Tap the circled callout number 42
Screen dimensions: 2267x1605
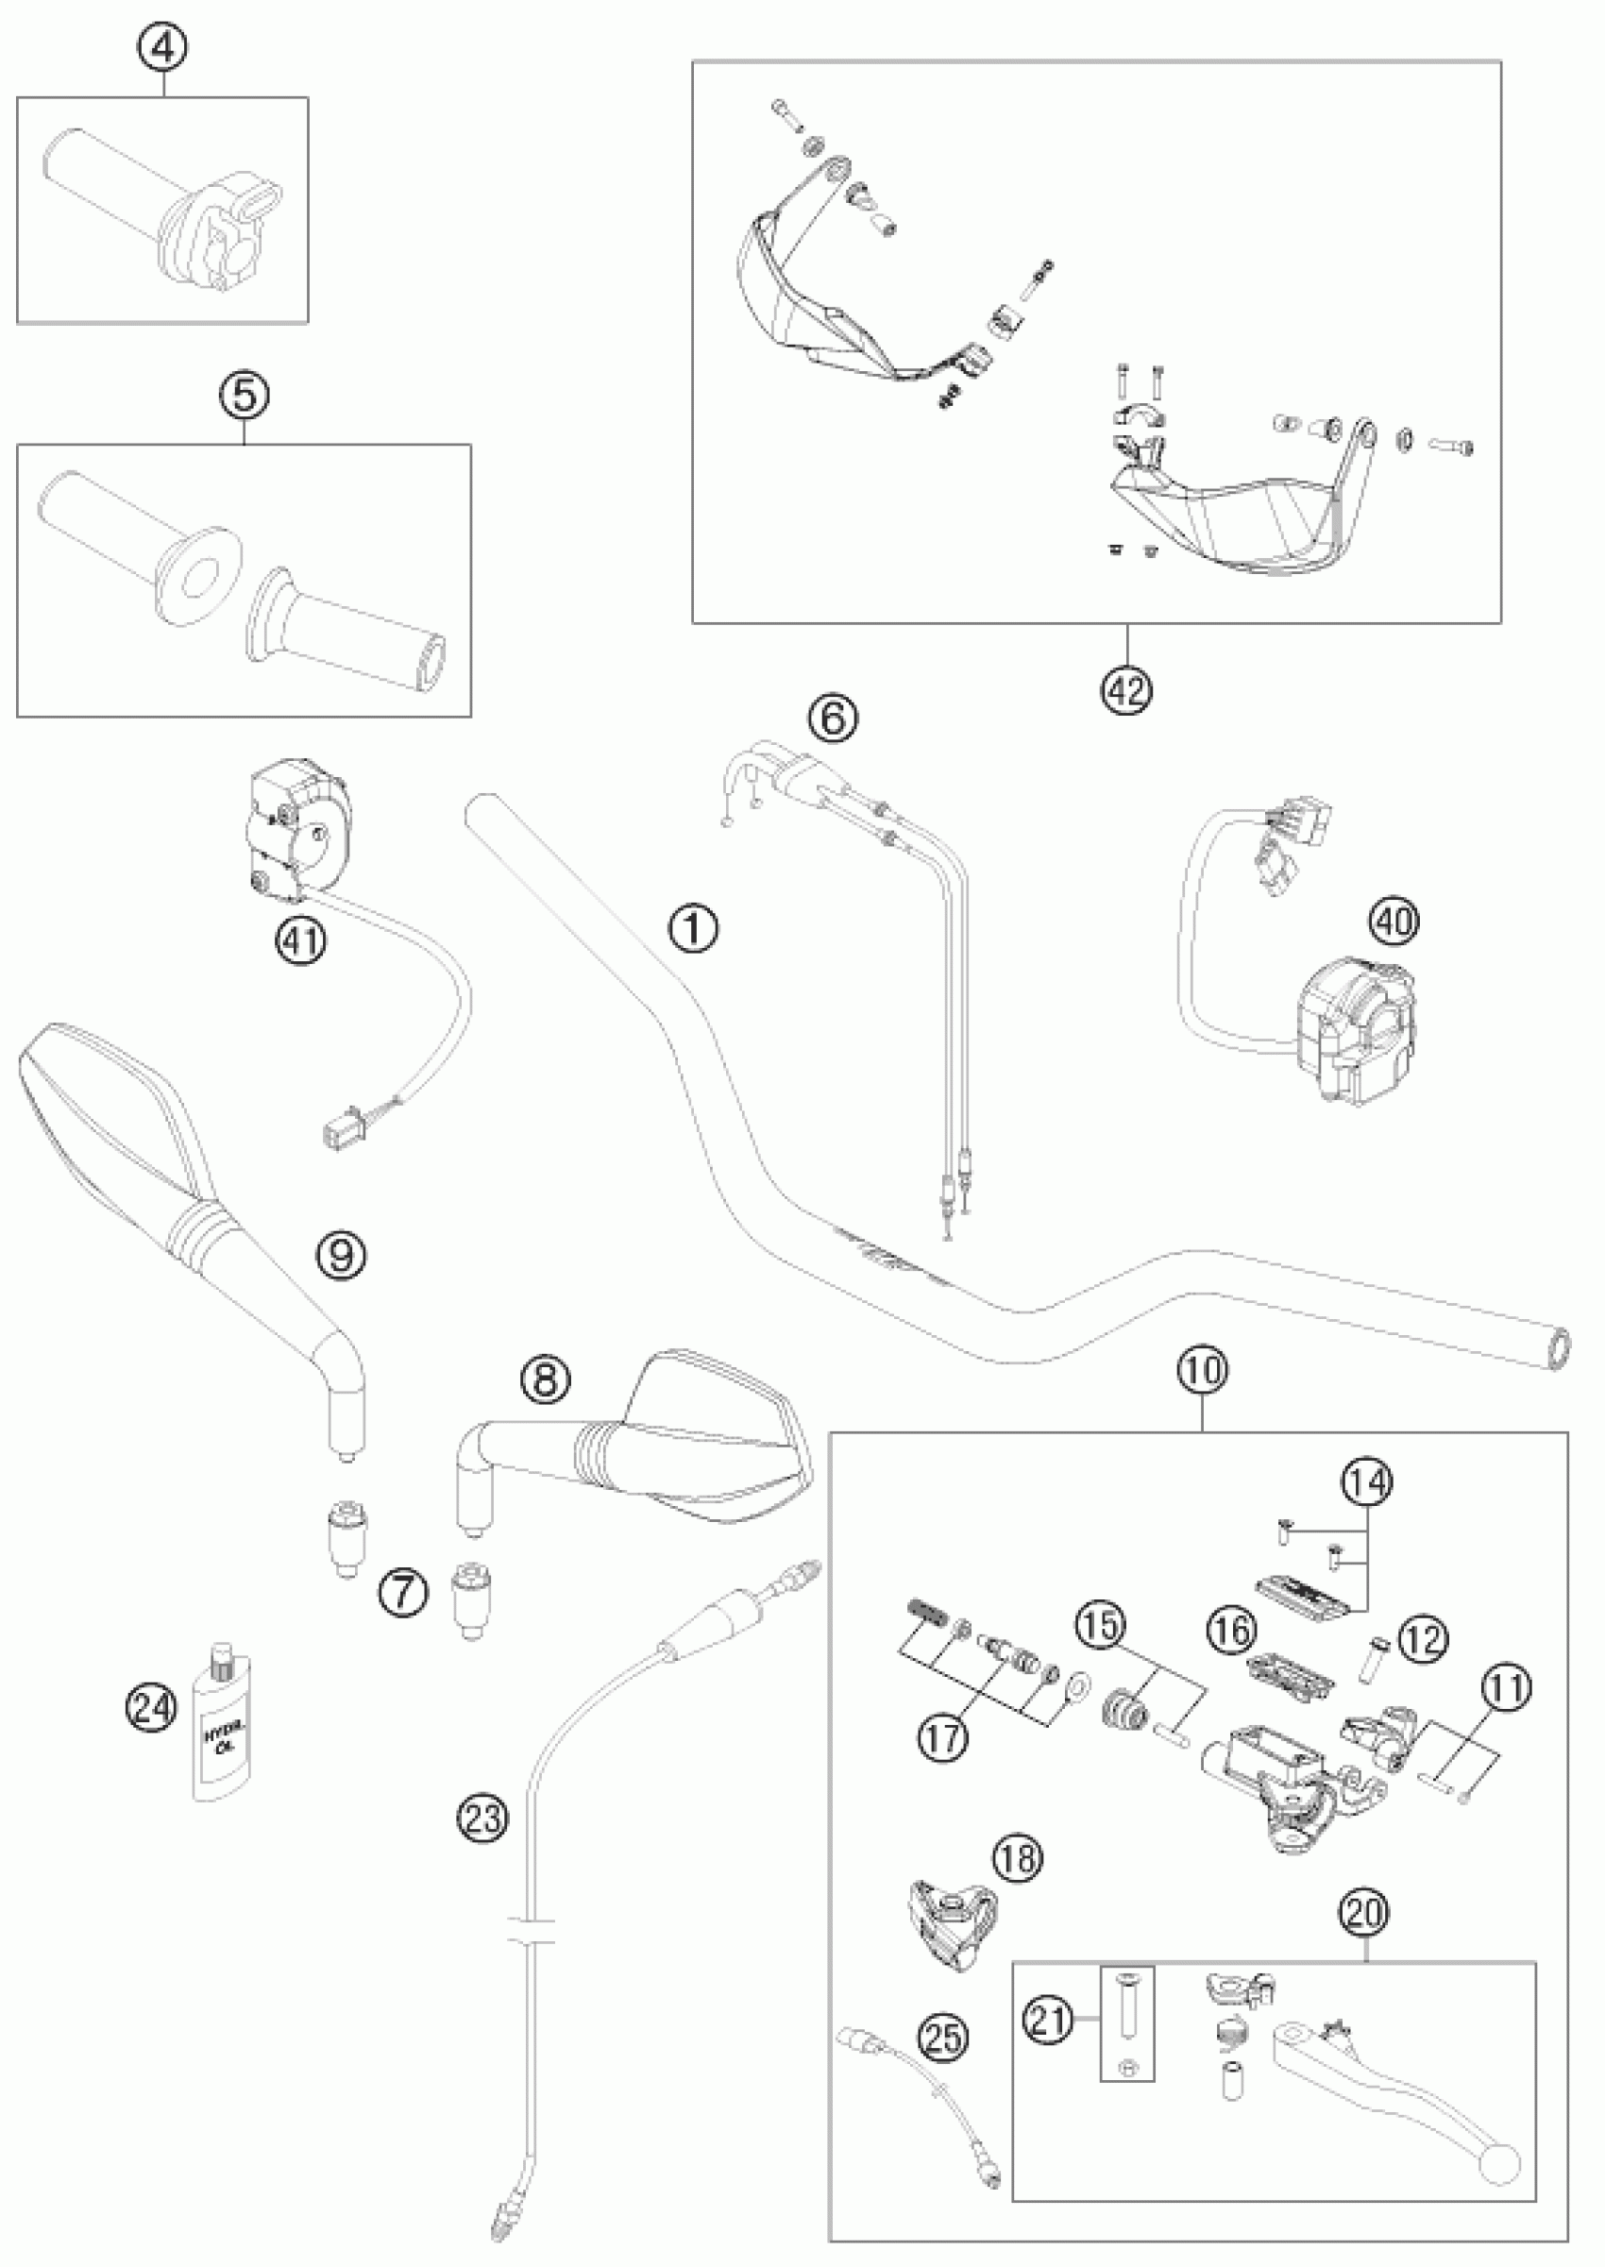[x=1127, y=689]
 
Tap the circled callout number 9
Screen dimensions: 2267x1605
[x=341, y=1255]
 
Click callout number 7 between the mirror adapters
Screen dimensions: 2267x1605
[x=405, y=1593]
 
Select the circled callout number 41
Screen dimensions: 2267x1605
[x=300, y=939]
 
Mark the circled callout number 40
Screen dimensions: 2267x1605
[x=1394, y=922]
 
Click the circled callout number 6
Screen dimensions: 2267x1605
[x=833, y=719]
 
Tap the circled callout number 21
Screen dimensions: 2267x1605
[x=1049, y=2020]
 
